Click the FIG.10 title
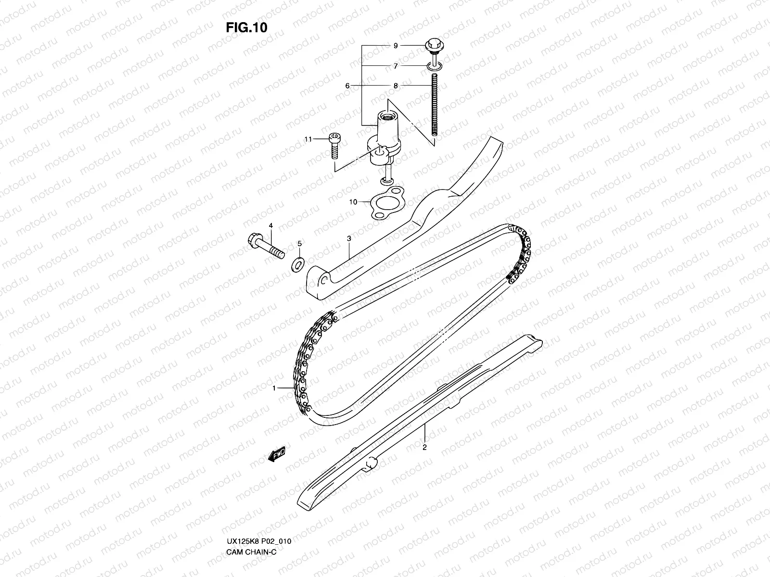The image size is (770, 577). pyautogui.click(x=246, y=27)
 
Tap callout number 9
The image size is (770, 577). pyautogui.click(x=396, y=46)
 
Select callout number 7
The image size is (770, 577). pyautogui.click(x=396, y=66)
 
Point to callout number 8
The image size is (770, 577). pyautogui.click(x=396, y=86)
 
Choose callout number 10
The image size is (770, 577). pyautogui.click(x=353, y=202)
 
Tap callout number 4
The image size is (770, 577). pyautogui.click(x=270, y=226)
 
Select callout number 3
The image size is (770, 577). pyautogui.click(x=348, y=238)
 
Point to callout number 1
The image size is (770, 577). pyautogui.click(x=274, y=388)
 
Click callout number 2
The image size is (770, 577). pyautogui.click(x=424, y=447)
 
